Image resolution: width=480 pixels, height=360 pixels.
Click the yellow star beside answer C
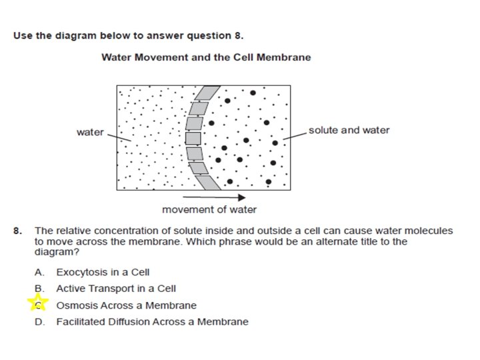pyautogui.click(x=38, y=304)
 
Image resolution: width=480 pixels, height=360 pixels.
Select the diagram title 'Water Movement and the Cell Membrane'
pyautogui.click(x=206, y=57)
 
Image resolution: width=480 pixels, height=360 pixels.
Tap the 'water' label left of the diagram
pyautogui.click(x=90, y=132)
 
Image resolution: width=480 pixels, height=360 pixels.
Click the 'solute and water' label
pyautogui.click(x=349, y=130)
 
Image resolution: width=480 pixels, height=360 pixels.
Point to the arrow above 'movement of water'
pyautogui.click(x=213, y=197)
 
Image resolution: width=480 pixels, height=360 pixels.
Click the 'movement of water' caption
pyautogui.click(x=209, y=210)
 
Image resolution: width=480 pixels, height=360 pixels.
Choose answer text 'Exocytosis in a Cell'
pyautogui.click(x=103, y=272)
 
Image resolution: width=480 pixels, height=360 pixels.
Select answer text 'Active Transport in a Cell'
pyautogui.click(x=116, y=289)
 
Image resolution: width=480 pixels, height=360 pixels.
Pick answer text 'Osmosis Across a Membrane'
pyautogui.click(x=126, y=305)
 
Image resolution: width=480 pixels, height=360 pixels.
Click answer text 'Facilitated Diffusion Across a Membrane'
pyautogui.click(x=152, y=322)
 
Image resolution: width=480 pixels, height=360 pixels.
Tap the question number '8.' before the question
pyautogui.click(x=18, y=231)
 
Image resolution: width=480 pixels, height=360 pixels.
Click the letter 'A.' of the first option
pyautogui.click(x=40, y=272)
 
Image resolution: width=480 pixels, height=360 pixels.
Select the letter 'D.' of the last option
pyautogui.click(x=40, y=322)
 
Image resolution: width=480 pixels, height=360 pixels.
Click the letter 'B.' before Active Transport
pyautogui.click(x=40, y=289)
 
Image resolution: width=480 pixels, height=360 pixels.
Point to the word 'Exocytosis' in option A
pyautogui.click(x=80, y=272)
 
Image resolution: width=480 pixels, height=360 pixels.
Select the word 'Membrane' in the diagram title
pyautogui.click(x=287, y=57)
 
